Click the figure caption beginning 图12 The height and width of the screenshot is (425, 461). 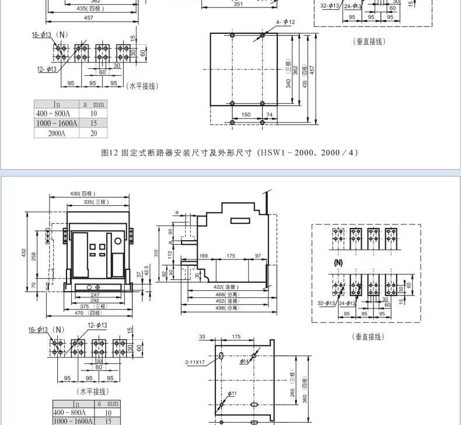click(229, 153)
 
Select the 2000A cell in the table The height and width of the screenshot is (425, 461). click(57, 133)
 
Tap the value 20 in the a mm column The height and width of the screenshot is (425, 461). click(93, 133)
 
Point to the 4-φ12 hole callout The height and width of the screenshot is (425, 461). click(285, 22)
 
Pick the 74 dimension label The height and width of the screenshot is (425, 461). click(270, 115)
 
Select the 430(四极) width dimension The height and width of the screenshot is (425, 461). click(83, 194)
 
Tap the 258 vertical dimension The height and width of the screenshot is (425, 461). click(34, 256)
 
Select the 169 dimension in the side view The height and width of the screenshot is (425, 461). click(204, 256)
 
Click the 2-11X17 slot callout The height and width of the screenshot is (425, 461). click(195, 363)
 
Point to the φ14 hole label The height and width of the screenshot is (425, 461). click(244, 361)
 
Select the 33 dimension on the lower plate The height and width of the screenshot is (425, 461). click(202, 336)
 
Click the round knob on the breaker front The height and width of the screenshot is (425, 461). click(117, 241)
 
